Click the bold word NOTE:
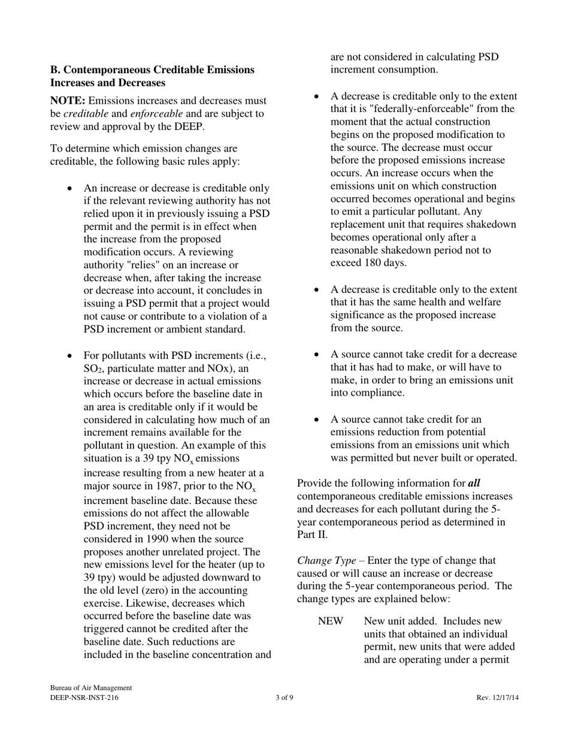(68, 101)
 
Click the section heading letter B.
(54, 70)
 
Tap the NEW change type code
(331, 621)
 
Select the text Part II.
(310, 534)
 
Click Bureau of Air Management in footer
(91, 688)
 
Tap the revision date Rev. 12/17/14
(498, 698)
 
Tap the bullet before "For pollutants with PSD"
(70, 356)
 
